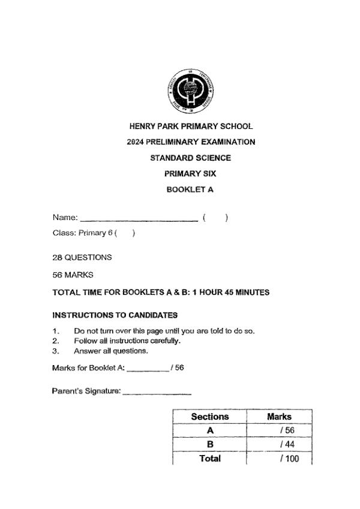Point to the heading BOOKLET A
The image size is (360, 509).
(x=190, y=189)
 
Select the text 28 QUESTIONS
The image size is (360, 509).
(x=82, y=257)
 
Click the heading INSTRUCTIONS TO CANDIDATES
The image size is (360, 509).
(x=115, y=315)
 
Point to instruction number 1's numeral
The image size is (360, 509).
(x=55, y=331)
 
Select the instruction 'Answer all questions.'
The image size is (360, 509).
(x=111, y=351)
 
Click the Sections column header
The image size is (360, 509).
(x=210, y=416)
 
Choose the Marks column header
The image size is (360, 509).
(x=279, y=416)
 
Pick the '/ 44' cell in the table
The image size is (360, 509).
(x=286, y=444)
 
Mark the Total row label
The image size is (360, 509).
(x=210, y=459)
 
